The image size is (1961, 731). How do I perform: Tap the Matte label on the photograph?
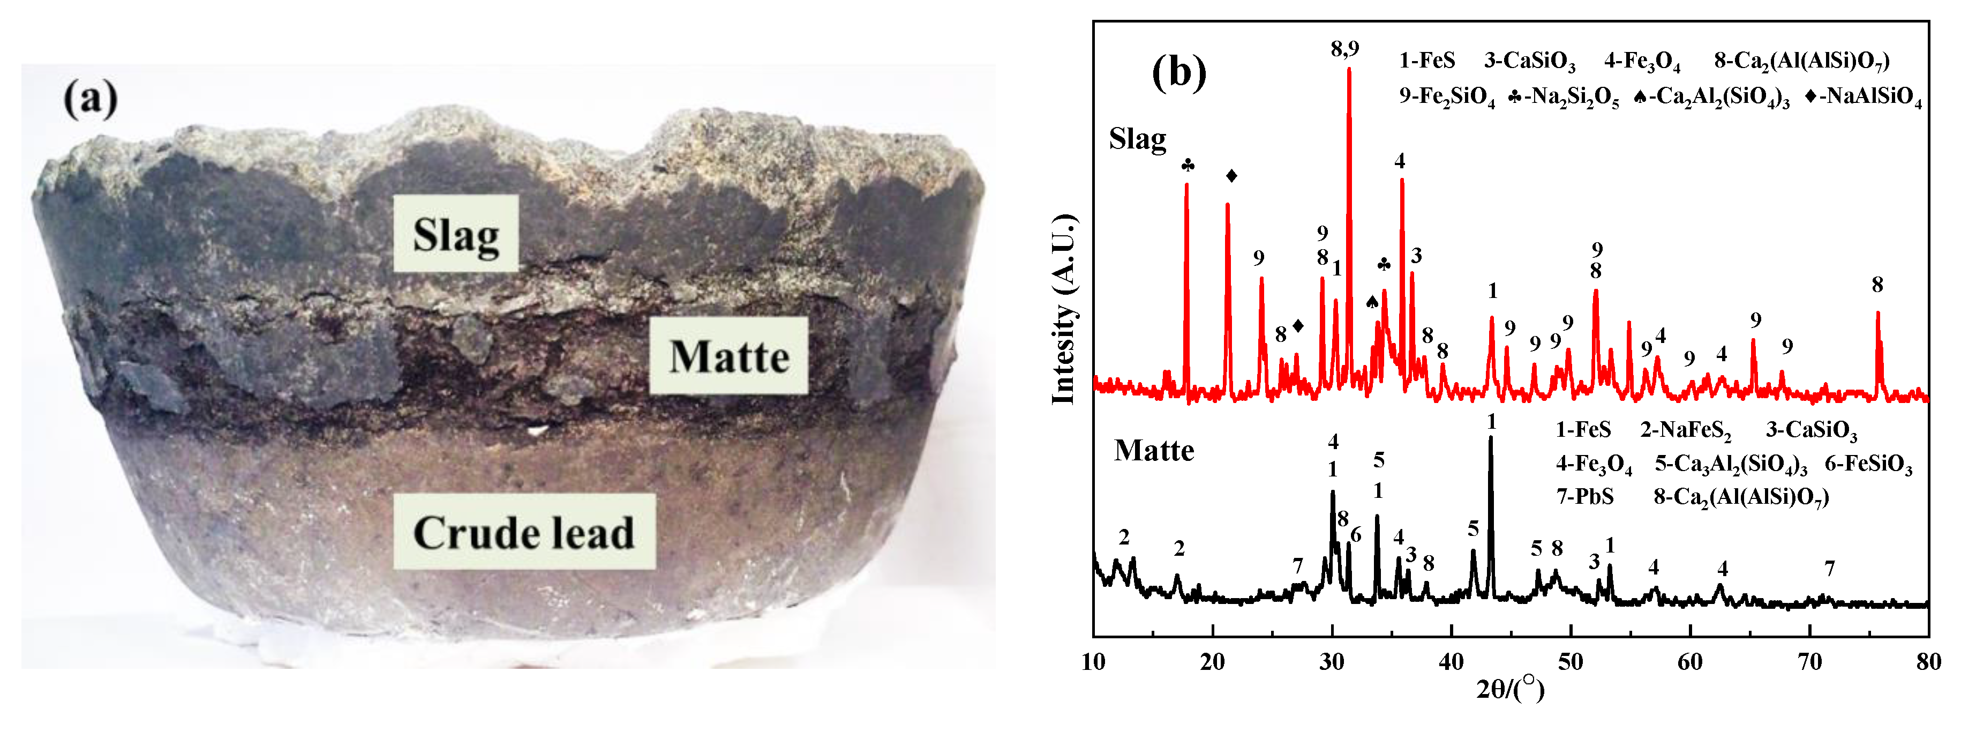pos(728,356)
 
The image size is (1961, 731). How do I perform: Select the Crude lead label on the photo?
pos(524,532)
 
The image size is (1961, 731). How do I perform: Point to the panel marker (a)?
pos(91,99)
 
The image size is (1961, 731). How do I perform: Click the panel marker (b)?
pos(1179,72)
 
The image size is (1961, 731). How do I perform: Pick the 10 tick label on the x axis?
pos(1094,662)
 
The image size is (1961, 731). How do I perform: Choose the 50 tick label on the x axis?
pos(1571,662)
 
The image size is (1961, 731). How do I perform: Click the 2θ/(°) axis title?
pos(1511,689)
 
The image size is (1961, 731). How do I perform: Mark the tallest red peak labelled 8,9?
pos(1349,70)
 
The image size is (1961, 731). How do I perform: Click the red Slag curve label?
pos(1137,139)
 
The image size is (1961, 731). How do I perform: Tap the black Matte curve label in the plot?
pos(1154,451)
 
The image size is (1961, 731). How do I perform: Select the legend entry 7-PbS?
pos(1585,496)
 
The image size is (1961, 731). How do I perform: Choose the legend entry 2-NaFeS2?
pos(1686,430)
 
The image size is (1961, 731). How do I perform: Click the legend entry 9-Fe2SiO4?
pos(1446,96)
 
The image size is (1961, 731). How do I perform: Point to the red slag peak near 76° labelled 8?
pos(1878,314)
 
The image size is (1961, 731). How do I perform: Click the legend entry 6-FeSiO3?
pos(1868,464)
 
